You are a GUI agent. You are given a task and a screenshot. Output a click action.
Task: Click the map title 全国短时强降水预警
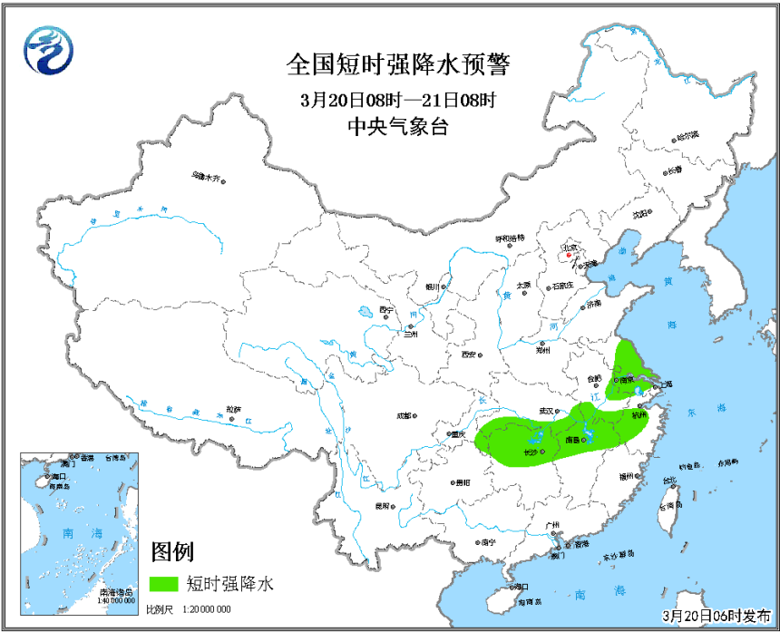click(398, 65)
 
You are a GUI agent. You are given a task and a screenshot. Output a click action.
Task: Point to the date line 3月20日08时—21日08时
click(398, 100)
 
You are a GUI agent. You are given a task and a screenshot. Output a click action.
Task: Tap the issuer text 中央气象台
click(398, 127)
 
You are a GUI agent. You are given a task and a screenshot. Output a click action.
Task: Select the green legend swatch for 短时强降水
click(163, 583)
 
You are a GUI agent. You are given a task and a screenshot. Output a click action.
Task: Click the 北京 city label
click(570, 247)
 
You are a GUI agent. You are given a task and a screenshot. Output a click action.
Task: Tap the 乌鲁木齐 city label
click(205, 177)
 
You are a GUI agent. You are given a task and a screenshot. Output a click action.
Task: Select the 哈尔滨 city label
click(687, 136)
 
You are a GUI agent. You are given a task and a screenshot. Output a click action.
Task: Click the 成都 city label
click(404, 417)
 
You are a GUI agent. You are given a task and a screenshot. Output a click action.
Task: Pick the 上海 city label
click(667, 384)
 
